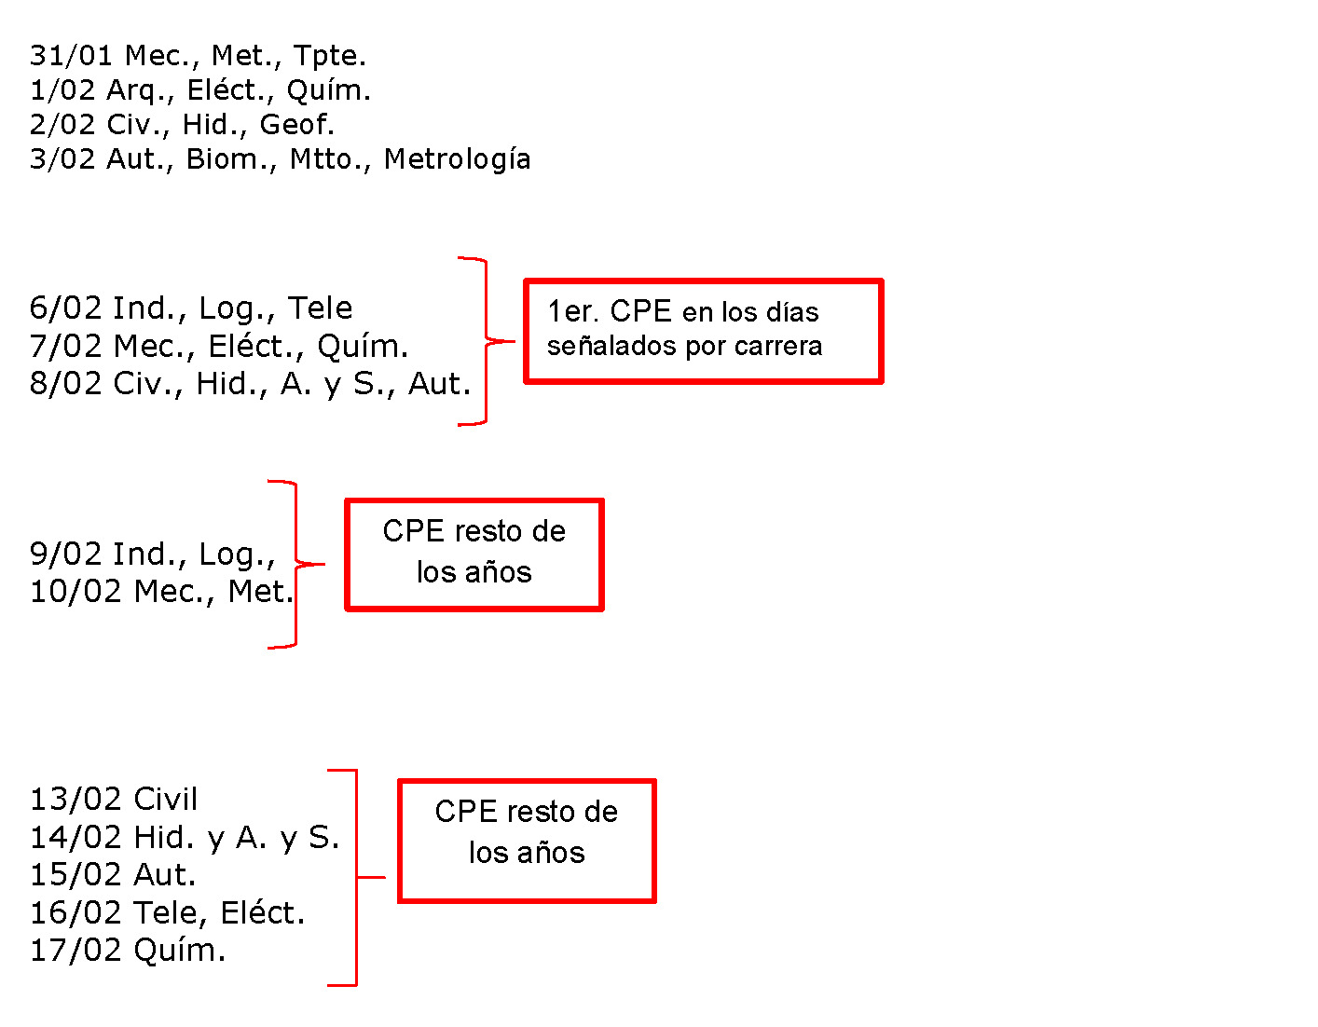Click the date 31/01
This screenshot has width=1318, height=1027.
tap(71, 55)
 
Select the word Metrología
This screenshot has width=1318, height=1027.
tap(458, 159)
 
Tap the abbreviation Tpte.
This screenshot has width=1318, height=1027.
tap(330, 56)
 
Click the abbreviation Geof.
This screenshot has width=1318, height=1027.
tap(297, 124)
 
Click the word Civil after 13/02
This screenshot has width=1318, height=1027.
tap(166, 799)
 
